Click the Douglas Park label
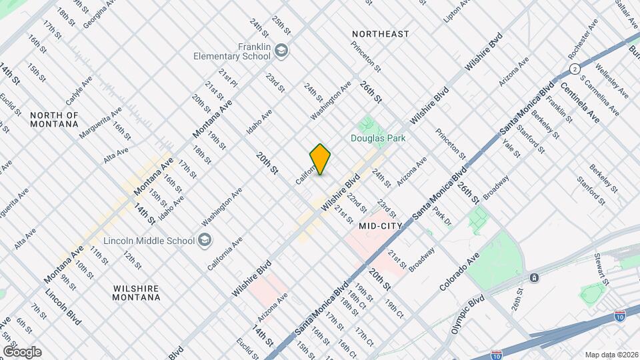(x=379, y=138)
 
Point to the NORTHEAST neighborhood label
(x=381, y=33)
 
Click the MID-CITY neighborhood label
(x=380, y=227)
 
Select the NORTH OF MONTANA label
(x=55, y=120)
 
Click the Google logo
(x=22, y=351)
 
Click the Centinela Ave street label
(x=579, y=103)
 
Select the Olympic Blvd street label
(x=466, y=315)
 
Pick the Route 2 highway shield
(x=573, y=69)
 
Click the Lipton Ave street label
(x=457, y=11)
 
